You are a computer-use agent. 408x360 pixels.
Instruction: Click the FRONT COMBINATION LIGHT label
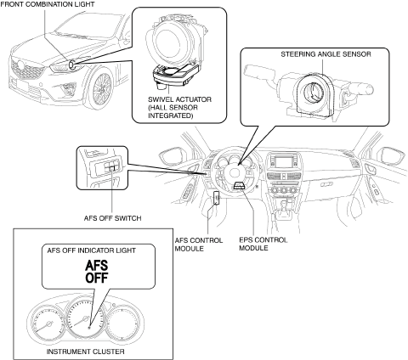(x=48, y=4)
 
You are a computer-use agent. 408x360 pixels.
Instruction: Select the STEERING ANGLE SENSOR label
(x=326, y=54)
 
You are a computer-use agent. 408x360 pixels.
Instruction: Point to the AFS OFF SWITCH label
(x=112, y=218)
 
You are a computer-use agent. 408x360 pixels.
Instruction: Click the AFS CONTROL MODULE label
(x=199, y=245)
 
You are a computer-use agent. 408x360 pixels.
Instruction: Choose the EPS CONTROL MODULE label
(x=263, y=244)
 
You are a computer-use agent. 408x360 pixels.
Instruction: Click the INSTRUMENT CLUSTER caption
(x=85, y=352)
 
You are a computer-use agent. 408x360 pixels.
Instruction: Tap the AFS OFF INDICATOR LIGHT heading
(x=92, y=250)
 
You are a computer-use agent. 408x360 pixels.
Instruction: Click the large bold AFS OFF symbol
(x=97, y=272)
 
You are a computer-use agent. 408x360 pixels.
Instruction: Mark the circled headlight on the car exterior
(x=71, y=65)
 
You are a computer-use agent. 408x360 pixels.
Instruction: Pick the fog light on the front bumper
(x=68, y=88)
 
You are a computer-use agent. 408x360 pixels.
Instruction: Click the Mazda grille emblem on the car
(x=20, y=65)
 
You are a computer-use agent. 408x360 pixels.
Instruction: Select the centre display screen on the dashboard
(x=285, y=162)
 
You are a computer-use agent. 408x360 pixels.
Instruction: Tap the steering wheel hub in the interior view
(x=235, y=173)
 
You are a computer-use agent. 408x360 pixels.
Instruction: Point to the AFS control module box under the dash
(x=217, y=197)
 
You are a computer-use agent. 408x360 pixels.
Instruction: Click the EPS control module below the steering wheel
(x=241, y=186)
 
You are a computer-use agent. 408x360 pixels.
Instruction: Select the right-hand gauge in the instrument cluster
(x=123, y=323)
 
